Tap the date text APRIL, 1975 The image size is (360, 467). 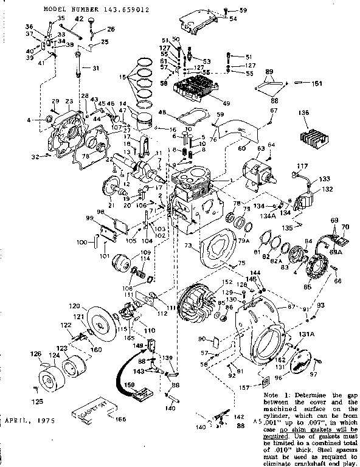point(29,420)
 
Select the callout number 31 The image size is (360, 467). point(94,67)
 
